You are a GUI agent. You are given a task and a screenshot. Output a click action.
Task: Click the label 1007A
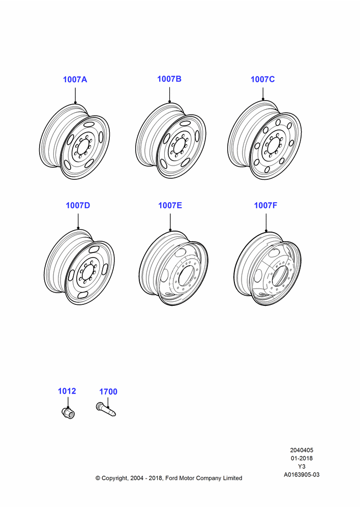[75, 79]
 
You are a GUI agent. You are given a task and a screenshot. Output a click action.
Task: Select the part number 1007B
[169, 79]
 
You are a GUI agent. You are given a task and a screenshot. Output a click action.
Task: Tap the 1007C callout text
[263, 79]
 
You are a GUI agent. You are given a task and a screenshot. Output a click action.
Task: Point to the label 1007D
[78, 205]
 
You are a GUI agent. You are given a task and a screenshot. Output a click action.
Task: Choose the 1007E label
[170, 205]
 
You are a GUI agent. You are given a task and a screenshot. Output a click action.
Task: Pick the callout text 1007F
[265, 205]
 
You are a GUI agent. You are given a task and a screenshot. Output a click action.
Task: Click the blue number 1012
[67, 391]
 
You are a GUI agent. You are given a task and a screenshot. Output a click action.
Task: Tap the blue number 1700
[108, 392]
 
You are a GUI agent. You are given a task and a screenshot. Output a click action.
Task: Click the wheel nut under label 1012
[68, 412]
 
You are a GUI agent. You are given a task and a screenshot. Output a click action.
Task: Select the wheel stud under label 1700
[106, 409]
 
